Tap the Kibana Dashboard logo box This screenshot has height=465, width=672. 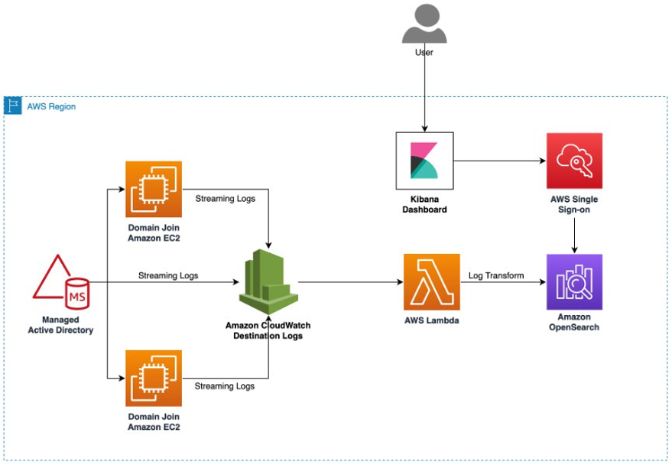pos(424,161)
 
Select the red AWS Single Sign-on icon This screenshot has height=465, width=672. pos(574,161)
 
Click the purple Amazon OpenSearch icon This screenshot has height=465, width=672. pos(574,282)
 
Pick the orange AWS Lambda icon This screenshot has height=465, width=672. pos(432,282)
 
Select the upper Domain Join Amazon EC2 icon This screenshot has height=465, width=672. pos(154,189)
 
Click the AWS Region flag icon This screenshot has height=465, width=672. pos(13,106)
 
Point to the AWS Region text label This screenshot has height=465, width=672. pos(51,107)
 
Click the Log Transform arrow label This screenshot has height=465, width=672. pos(496,275)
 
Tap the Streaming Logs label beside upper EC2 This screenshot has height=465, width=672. pos(225,199)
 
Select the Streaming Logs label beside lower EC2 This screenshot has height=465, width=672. pos(225,386)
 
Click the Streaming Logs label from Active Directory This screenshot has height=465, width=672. pos(168,275)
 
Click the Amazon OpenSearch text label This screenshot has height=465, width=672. pos(574,322)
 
